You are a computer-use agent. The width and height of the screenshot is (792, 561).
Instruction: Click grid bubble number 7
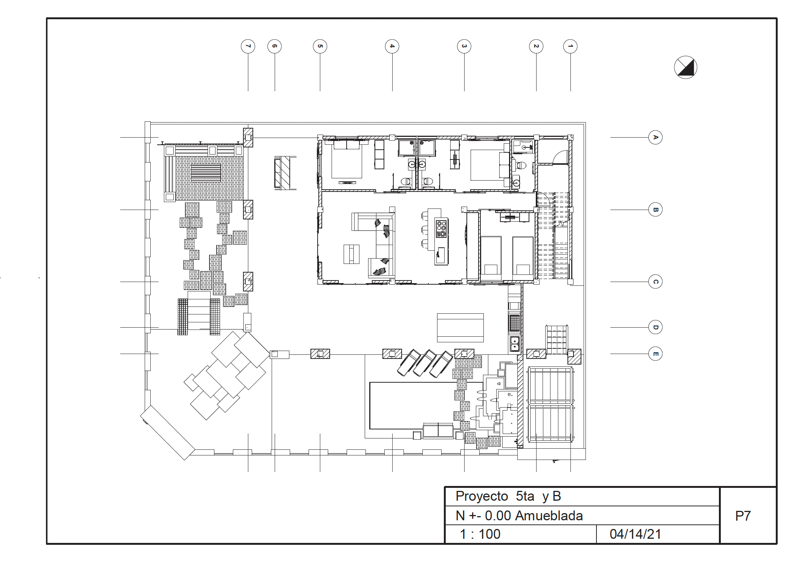(248, 46)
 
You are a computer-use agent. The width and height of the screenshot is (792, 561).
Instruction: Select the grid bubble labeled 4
(392, 46)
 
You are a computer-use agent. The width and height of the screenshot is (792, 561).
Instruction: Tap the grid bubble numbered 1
(570, 46)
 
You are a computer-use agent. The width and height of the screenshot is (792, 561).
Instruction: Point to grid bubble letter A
(655, 137)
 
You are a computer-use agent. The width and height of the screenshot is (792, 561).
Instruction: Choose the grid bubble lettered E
(655, 354)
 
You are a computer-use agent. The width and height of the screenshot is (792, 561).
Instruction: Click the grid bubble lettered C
(655, 282)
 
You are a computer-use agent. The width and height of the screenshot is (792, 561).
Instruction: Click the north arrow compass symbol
(685, 67)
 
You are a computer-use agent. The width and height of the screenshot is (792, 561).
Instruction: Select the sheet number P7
(743, 516)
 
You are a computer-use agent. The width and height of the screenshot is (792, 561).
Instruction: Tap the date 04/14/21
(635, 534)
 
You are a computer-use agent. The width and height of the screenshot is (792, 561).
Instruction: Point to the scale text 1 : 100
(480, 534)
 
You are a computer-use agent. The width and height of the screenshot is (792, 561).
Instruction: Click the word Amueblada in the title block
(549, 515)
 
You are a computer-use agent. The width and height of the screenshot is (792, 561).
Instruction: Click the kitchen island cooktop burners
(441, 229)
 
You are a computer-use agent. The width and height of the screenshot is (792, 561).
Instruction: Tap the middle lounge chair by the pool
(425, 363)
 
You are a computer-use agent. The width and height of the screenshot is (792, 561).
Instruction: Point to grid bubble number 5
(320, 46)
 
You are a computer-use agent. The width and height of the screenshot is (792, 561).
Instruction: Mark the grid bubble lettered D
(655, 327)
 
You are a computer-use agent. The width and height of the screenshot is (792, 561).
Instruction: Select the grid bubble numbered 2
(536, 46)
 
